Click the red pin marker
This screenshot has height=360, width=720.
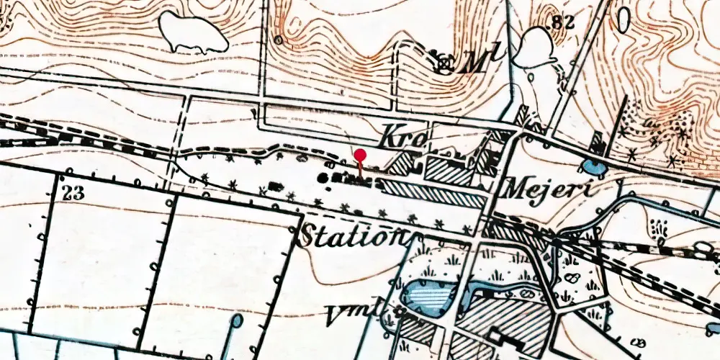(360, 156)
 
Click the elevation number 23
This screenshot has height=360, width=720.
(73, 192)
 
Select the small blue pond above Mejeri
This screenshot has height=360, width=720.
(595, 168)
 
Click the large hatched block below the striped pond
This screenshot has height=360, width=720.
(504, 317)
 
